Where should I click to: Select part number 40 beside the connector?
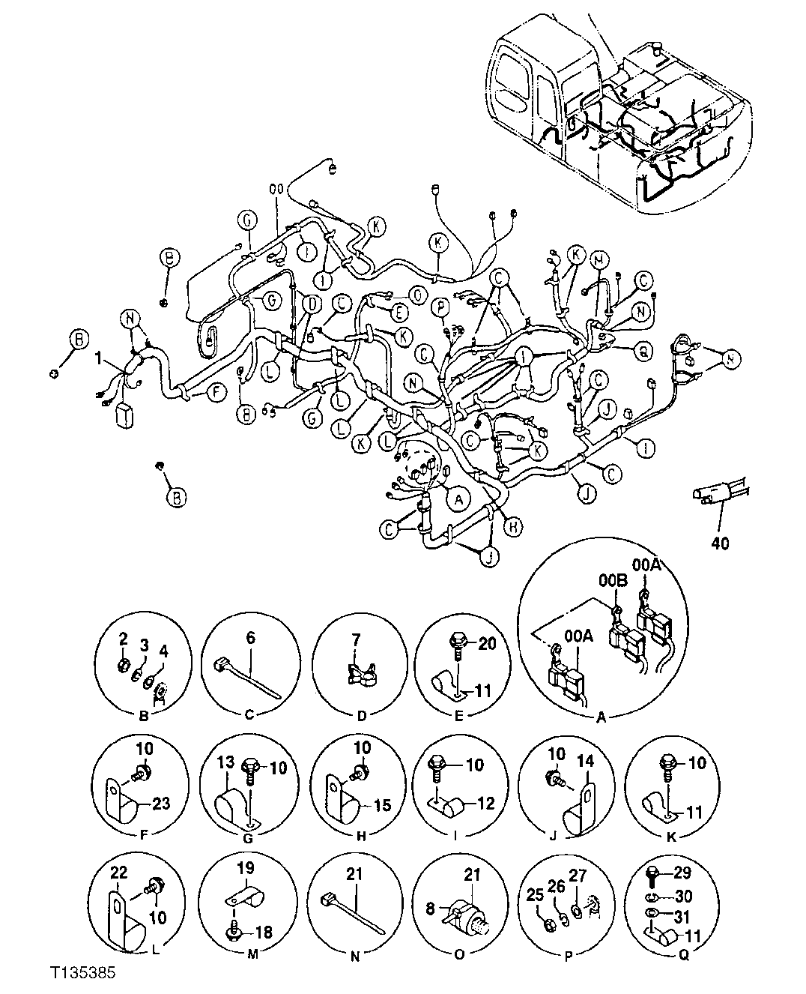click(x=721, y=541)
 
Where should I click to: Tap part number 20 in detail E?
click(x=488, y=644)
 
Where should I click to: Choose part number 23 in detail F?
click(x=162, y=803)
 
